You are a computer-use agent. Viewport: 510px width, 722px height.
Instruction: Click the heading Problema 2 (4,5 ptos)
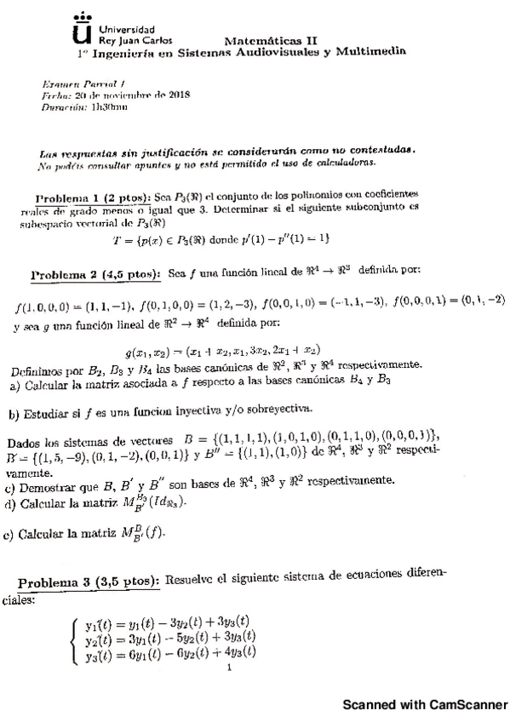tap(95, 274)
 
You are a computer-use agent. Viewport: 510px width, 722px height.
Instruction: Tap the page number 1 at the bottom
tap(231, 668)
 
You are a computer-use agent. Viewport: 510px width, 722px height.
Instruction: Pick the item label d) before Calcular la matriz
tap(9, 504)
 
